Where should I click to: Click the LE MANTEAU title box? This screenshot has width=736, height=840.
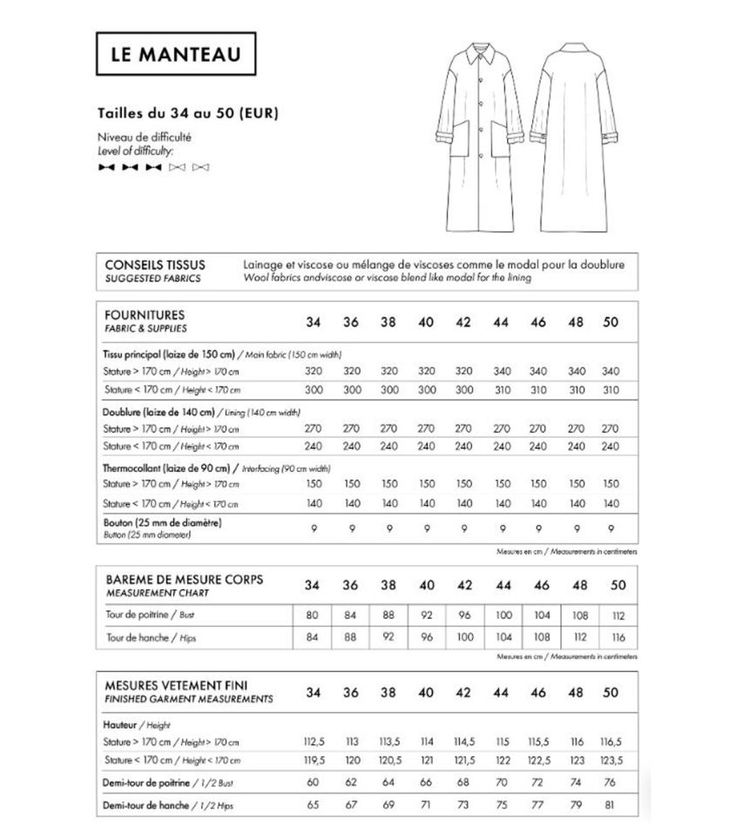pyautogui.click(x=176, y=54)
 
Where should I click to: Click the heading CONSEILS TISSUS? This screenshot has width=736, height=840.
pyautogui.click(x=155, y=265)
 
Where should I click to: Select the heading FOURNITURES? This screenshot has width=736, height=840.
pyautogui.click(x=145, y=314)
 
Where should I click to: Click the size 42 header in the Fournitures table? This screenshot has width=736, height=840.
pyautogui.click(x=463, y=322)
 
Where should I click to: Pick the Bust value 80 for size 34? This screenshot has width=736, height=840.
pyautogui.click(x=314, y=615)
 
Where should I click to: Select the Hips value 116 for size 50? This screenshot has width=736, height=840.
pyautogui.click(x=619, y=637)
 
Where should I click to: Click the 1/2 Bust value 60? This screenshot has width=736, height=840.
pyautogui.click(x=314, y=782)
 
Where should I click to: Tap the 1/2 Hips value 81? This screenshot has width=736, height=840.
pyautogui.click(x=611, y=804)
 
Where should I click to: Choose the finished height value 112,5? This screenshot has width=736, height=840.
pyautogui.click(x=314, y=742)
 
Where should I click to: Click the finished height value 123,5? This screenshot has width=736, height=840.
pyautogui.click(x=611, y=760)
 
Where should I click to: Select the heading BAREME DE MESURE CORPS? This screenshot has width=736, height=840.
pyautogui.click(x=184, y=579)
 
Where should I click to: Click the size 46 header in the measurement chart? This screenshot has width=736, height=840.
pyautogui.click(x=538, y=585)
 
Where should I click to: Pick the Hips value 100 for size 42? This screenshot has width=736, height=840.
pyautogui.click(x=464, y=637)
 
